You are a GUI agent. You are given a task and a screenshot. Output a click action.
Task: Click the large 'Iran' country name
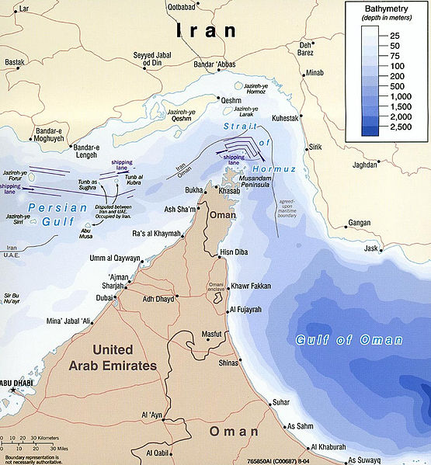[205, 31]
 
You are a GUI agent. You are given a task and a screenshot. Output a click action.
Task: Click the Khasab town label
[220, 190]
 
